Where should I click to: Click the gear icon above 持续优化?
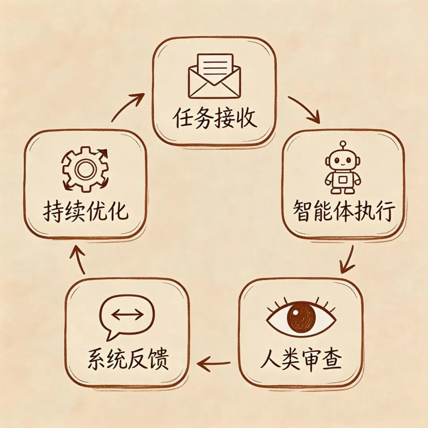(84, 169)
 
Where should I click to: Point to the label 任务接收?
(214, 118)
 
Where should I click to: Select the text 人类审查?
(301, 359)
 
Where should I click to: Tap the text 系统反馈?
(128, 359)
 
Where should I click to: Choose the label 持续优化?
(85, 212)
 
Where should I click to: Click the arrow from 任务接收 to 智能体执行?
(304, 109)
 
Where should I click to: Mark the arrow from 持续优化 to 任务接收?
(128, 106)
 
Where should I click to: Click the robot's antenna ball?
(343, 143)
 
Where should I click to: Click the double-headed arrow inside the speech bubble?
(127, 315)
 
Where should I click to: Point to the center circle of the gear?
(84, 170)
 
